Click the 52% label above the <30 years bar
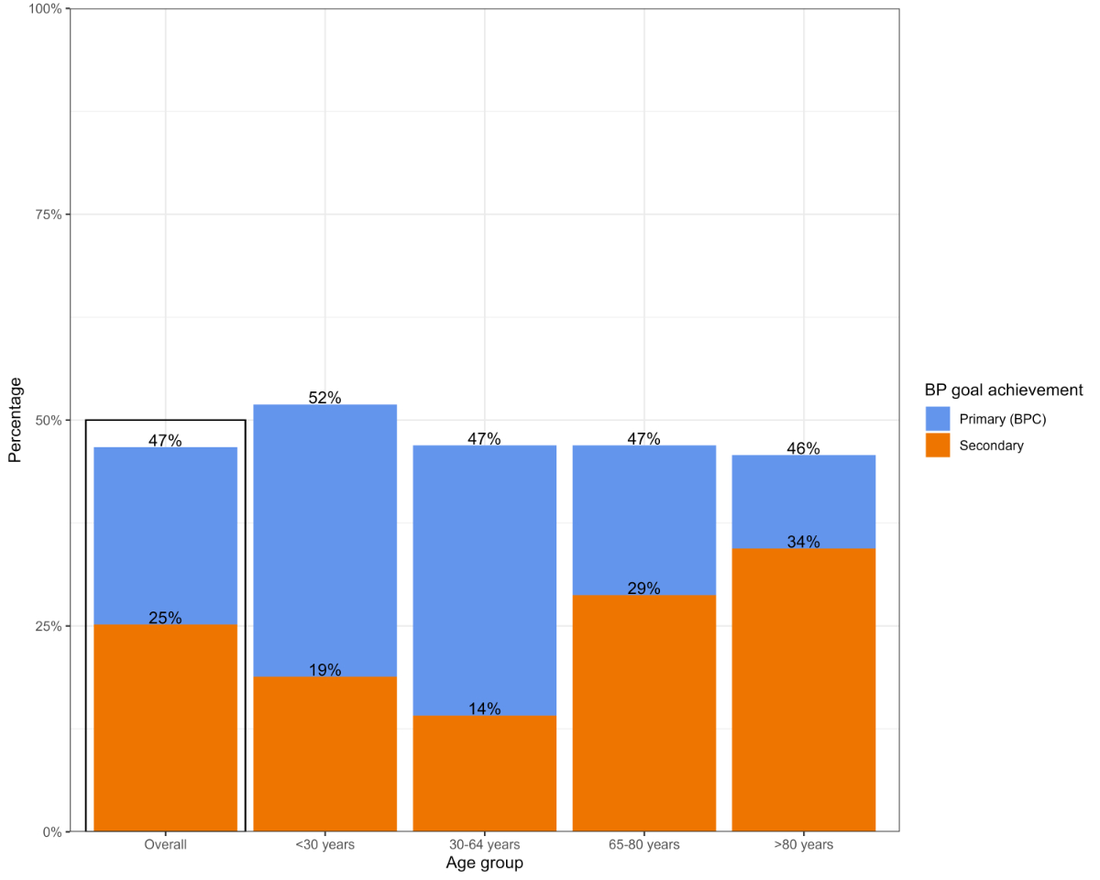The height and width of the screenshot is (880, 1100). [x=324, y=398]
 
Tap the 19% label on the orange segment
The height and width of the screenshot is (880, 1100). [x=324, y=670]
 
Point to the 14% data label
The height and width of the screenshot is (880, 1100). [x=484, y=709]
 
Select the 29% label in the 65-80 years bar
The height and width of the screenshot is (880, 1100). [x=643, y=588]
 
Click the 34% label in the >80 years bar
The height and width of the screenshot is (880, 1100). [x=803, y=542]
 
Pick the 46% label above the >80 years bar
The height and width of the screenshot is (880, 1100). [x=803, y=448]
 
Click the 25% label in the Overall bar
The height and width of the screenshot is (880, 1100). [x=165, y=618]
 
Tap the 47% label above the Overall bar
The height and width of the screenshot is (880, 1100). [x=165, y=440]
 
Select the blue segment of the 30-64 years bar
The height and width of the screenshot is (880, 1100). [x=484, y=577]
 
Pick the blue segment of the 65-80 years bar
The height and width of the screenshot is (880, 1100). [x=643, y=520]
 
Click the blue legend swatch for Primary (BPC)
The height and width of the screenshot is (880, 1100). [x=938, y=419]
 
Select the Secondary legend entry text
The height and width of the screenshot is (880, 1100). [x=991, y=445]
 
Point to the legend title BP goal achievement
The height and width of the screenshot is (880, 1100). [x=1003, y=390]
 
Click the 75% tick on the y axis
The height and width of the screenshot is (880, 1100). [x=48, y=214]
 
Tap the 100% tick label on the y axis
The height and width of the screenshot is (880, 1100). [x=45, y=9]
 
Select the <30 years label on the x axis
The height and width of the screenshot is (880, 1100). [x=324, y=844]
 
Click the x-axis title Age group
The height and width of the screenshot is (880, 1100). [x=484, y=863]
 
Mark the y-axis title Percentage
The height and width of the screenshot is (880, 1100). [x=15, y=420]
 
